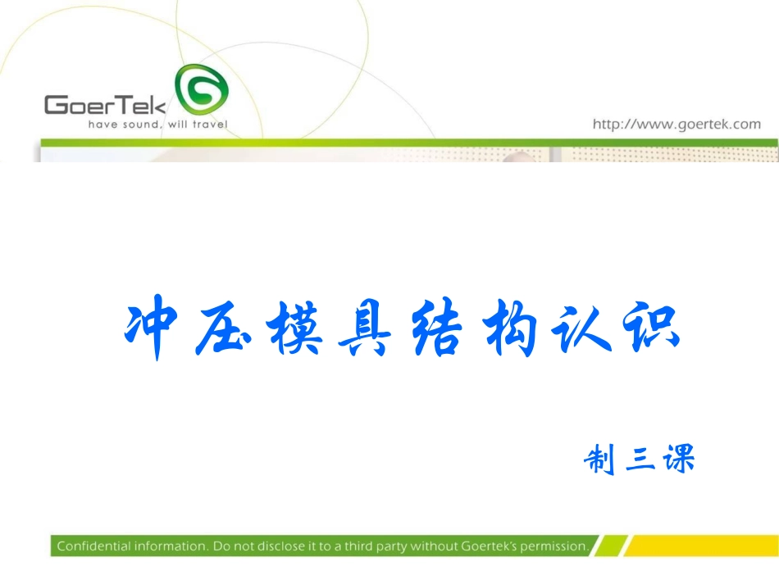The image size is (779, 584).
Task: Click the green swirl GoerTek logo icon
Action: point(201,90)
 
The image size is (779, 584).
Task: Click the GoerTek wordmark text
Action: point(104,106)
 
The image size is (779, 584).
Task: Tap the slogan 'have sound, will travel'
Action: point(157,124)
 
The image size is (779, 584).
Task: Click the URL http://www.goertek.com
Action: point(676,124)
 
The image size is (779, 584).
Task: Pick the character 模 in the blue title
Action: point(294,332)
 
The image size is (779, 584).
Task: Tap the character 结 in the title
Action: point(435,332)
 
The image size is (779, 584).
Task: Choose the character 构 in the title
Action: point(507,332)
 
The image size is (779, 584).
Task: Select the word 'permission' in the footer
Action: point(552,546)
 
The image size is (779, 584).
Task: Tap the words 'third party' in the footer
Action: point(371,546)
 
